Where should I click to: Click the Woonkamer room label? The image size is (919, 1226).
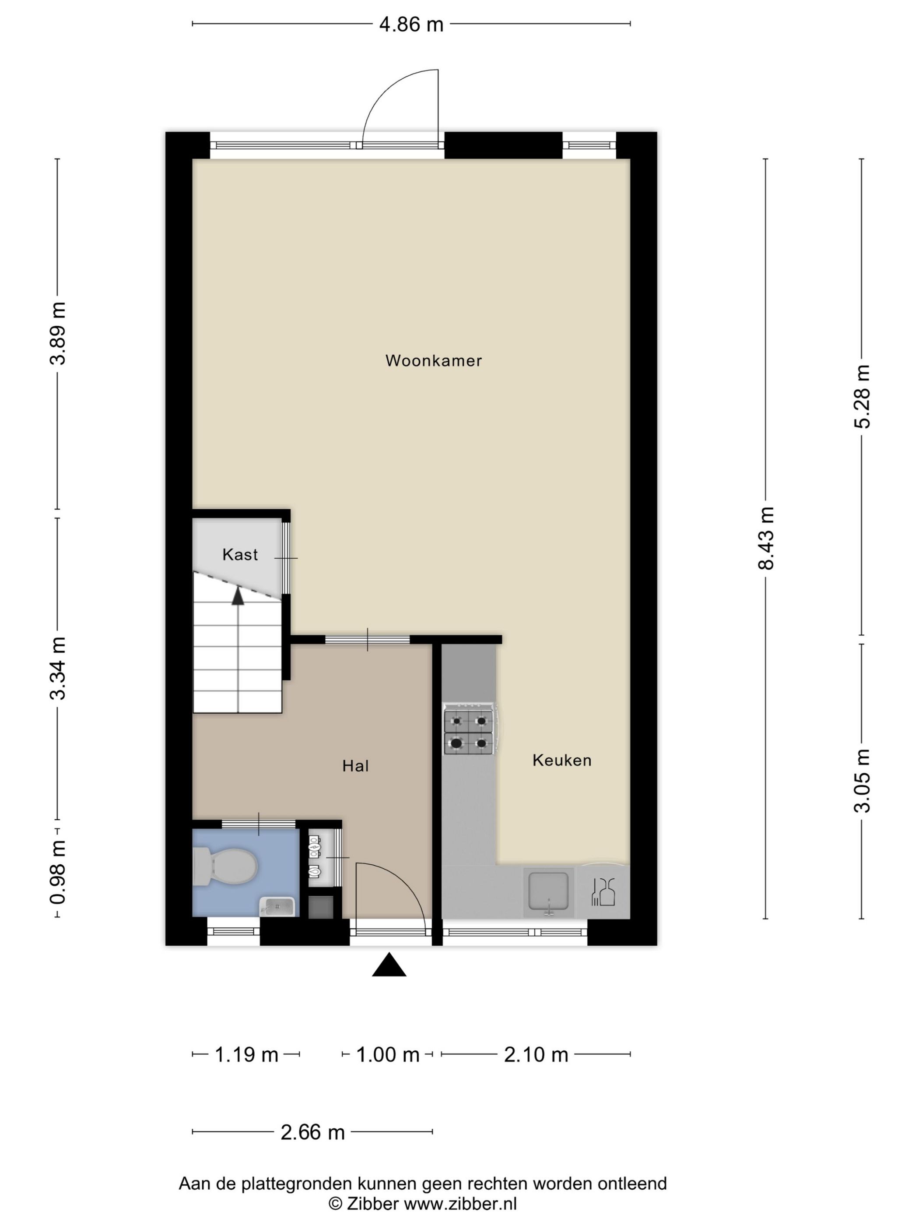pos(433,360)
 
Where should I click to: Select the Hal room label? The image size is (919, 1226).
pos(355,765)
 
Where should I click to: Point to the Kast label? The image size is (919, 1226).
pos(240,554)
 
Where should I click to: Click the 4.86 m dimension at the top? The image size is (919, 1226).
pos(411,25)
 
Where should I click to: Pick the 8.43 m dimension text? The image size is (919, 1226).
pos(766,538)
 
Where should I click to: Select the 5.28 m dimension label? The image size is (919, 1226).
pos(862,397)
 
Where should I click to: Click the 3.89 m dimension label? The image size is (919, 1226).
pos(58,333)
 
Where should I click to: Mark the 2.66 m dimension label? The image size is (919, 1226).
pos(312,1132)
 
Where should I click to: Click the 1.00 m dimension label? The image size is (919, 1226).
pos(387,1054)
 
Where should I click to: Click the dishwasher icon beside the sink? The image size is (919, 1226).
pos(603,892)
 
